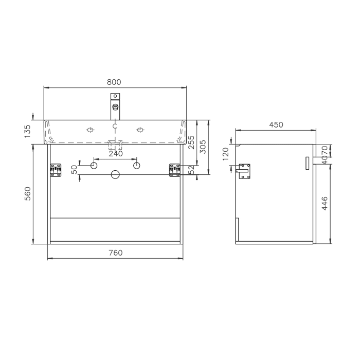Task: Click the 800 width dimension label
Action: (114, 82)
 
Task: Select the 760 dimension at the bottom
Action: (116, 253)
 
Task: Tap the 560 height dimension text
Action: (28, 194)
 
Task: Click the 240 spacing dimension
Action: (115, 153)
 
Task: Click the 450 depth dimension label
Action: (276, 125)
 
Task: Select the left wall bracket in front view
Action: (55, 170)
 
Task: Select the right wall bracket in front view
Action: (175, 170)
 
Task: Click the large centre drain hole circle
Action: (115, 175)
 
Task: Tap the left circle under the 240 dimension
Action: (94, 166)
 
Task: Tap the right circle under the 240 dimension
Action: (136, 166)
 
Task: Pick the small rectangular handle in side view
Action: (307, 163)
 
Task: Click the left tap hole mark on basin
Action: (91, 130)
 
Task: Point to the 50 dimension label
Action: (74, 169)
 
